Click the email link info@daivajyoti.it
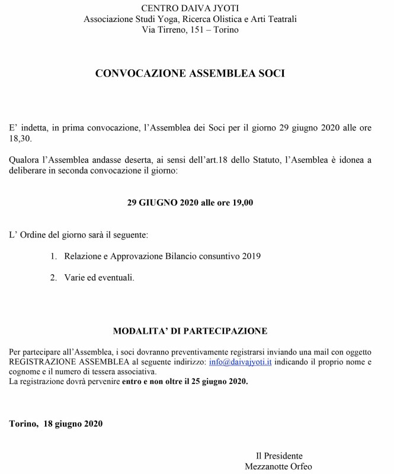point(241,361)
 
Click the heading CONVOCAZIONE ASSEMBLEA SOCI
point(190,74)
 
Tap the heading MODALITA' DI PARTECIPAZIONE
point(190,331)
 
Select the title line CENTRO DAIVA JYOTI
point(190,8)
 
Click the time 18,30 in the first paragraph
point(20,139)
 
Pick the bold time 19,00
point(241,202)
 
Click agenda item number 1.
point(53,256)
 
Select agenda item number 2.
point(53,277)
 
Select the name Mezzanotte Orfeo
point(279,466)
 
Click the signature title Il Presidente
point(279,456)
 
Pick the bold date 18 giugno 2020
point(73,424)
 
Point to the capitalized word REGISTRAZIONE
point(42,361)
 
